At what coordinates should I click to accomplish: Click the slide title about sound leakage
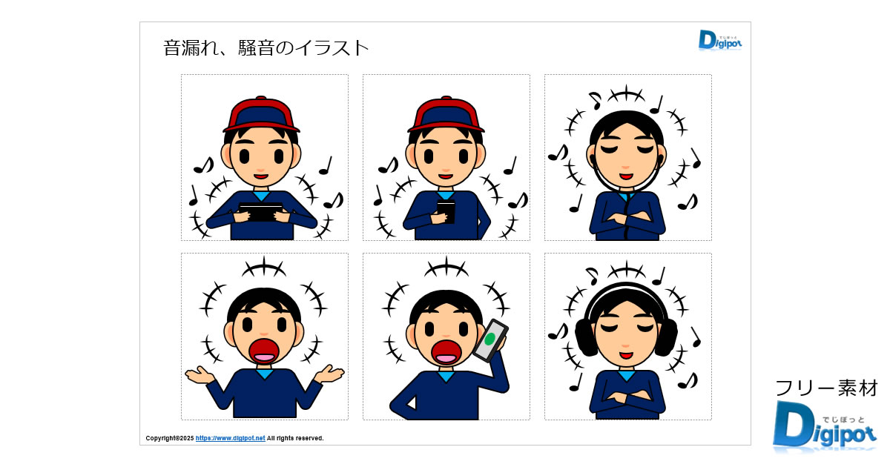pyautogui.click(x=266, y=48)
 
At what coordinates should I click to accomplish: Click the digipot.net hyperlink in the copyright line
pyautogui.click(x=230, y=438)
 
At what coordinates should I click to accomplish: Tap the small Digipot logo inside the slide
pyautogui.click(x=719, y=40)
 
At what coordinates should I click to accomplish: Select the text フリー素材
pyautogui.click(x=826, y=388)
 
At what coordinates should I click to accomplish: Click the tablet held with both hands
pyautogui.click(x=261, y=212)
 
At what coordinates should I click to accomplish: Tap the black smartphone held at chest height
pyautogui.click(x=446, y=211)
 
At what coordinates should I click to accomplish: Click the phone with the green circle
pyautogui.click(x=491, y=340)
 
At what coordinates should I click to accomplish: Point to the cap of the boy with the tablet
pyautogui.click(x=261, y=113)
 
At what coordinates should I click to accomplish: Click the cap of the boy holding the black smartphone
pyautogui.click(x=446, y=113)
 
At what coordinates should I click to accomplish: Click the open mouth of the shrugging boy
pyautogui.click(x=264, y=351)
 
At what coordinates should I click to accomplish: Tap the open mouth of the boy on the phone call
pyautogui.click(x=446, y=352)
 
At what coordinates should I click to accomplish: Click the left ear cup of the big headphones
pyautogui.click(x=586, y=337)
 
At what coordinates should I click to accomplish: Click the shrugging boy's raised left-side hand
pyautogui.click(x=200, y=375)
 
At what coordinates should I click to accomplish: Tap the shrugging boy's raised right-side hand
pyautogui.click(x=329, y=374)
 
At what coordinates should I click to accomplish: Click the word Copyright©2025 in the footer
pyautogui.click(x=170, y=438)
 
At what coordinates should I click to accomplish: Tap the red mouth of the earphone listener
pyautogui.click(x=626, y=176)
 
